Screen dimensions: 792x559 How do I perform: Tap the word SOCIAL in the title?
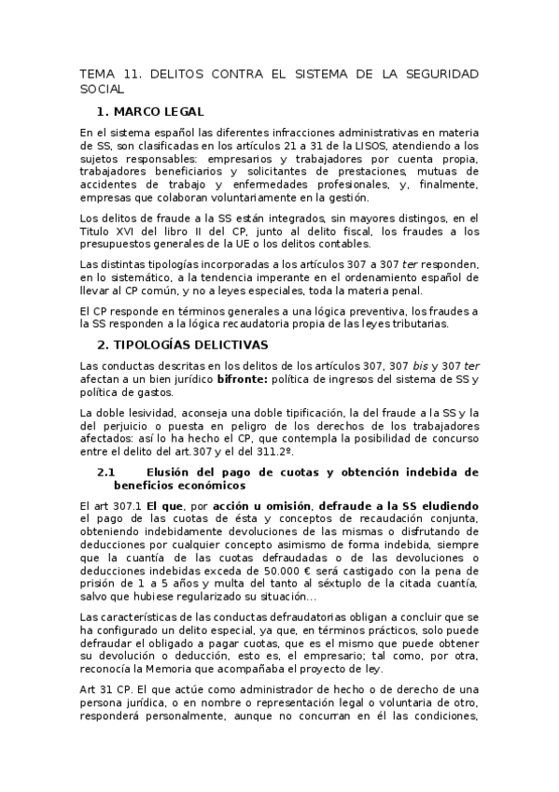[x=102, y=89]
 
